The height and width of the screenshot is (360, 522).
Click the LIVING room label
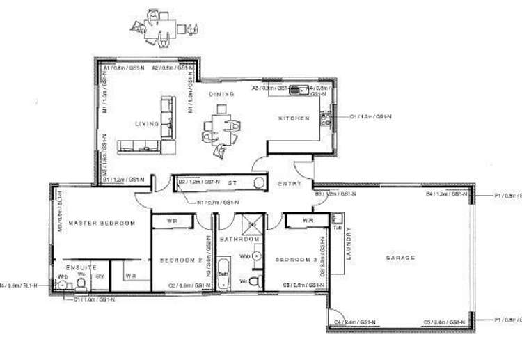click(148, 124)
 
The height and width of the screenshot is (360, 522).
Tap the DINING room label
click(221, 94)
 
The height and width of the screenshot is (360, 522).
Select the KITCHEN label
click(294, 118)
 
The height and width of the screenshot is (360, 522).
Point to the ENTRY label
click(290, 184)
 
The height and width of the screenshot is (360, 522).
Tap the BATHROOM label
click(239, 239)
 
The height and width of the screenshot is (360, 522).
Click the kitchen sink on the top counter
click(301, 88)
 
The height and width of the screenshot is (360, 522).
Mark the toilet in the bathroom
click(255, 281)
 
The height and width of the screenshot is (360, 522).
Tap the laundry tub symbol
click(338, 221)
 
